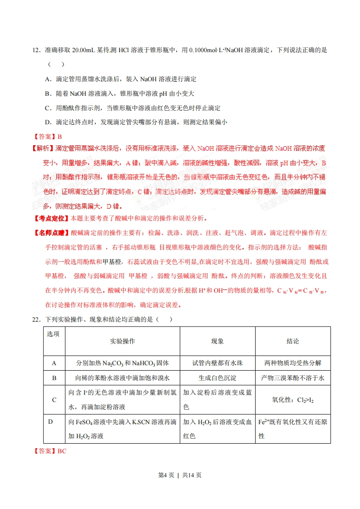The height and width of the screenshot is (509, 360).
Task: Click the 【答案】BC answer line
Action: tap(49, 451)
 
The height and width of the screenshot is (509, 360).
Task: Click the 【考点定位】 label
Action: tap(50, 218)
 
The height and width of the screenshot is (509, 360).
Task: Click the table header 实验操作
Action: tap(123, 341)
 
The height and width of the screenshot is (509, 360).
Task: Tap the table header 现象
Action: tap(217, 341)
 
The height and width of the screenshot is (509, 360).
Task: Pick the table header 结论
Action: tap(293, 341)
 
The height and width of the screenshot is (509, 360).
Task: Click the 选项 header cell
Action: tap(54, 334)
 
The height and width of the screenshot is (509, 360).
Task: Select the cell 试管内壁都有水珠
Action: tap(217, 363)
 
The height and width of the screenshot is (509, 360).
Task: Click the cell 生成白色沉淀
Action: tap(217, 377)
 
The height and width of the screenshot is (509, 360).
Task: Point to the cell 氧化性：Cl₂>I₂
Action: tap(293, 400)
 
